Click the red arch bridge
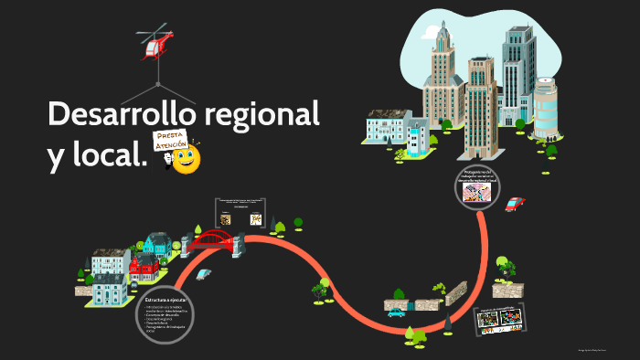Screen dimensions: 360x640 click(x=212, y=241)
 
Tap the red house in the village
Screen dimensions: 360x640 click(x=145, y=270)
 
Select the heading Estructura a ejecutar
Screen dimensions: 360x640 click(x=165, y=300)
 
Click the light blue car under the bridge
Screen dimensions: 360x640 click(x=203, y=273)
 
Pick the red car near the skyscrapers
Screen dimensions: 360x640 click(x=515, y=204)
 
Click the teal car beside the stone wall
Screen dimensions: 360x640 click(x=396, y=312)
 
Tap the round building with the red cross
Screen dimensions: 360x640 click(x=545, y=110)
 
